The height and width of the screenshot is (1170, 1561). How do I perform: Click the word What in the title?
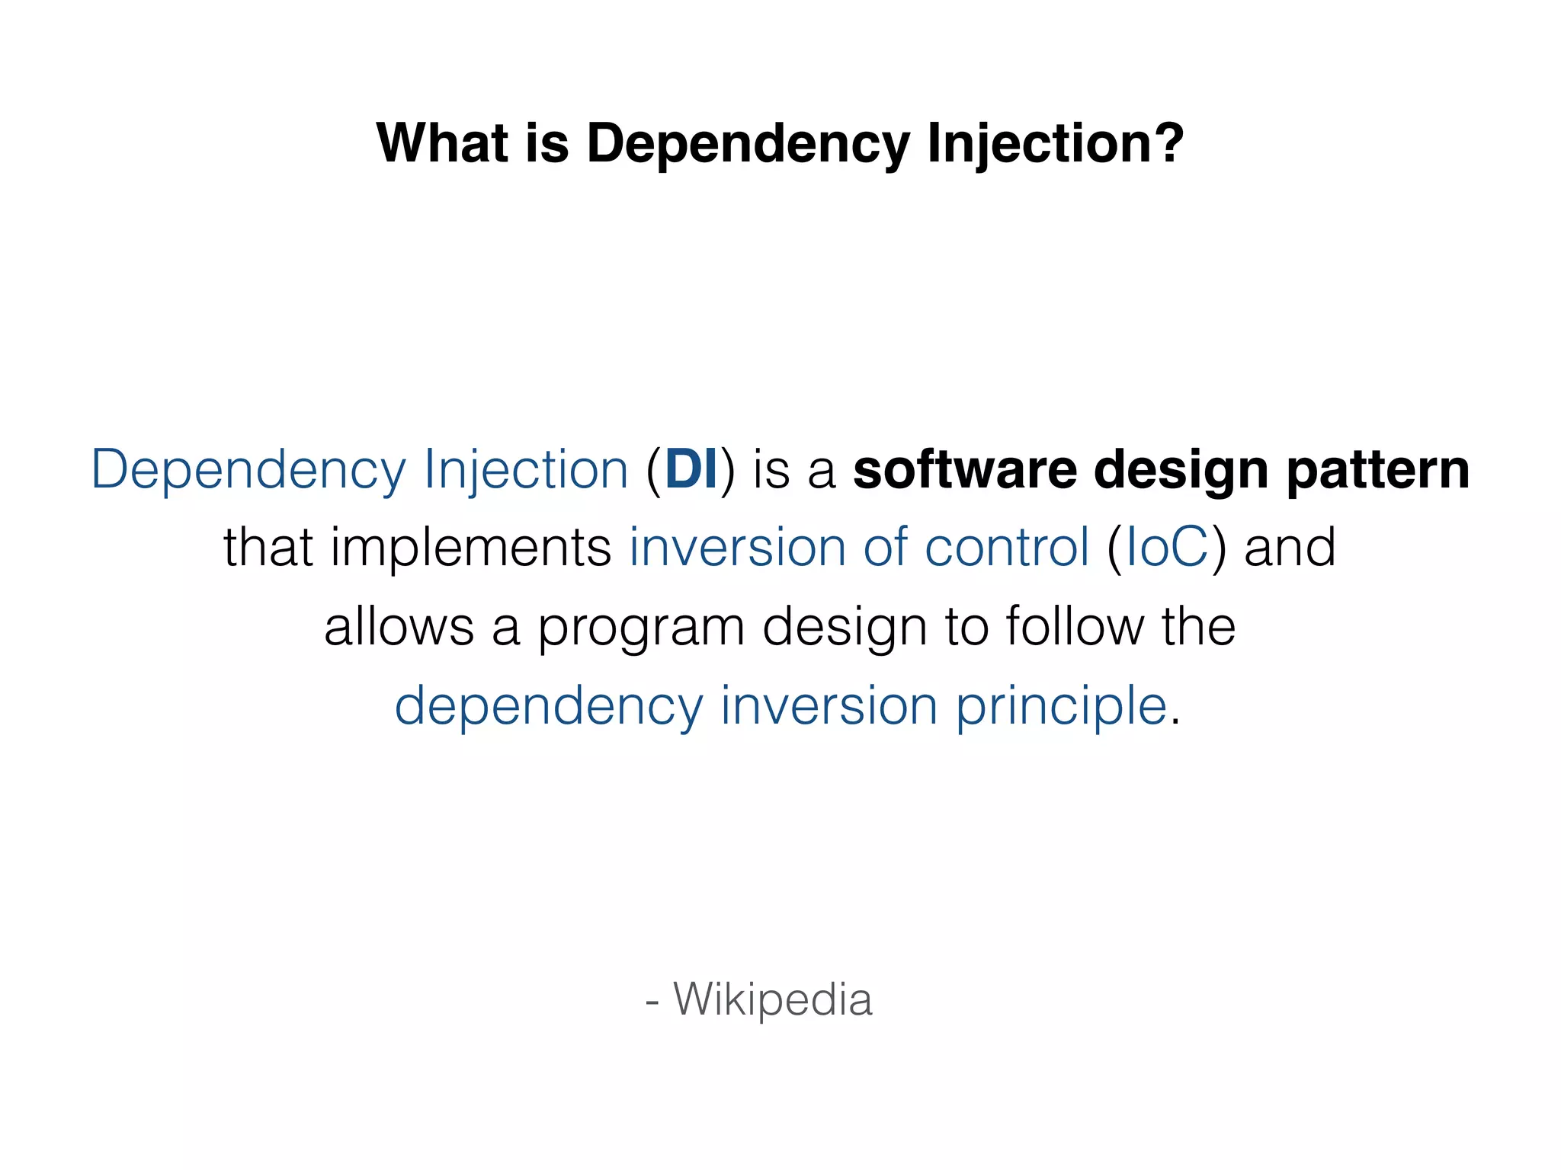click(442, 143)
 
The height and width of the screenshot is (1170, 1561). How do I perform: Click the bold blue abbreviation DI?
click(691, 469)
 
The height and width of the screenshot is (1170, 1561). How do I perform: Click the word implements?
click(470, 548)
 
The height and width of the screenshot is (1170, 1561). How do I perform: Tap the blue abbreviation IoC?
click(1166, 548)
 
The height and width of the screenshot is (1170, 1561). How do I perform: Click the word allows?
click(399, 627)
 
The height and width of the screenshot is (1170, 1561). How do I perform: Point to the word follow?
click(1074, 627)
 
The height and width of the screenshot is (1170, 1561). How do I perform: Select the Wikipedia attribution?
click(771, 1000)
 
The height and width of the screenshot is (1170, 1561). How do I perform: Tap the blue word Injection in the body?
click(526, 471)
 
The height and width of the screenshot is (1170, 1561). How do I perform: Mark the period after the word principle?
click(1175, 722)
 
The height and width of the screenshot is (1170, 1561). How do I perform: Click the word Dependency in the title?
click(748, 145)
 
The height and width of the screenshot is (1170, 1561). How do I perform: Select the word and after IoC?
click(1290, 548)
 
